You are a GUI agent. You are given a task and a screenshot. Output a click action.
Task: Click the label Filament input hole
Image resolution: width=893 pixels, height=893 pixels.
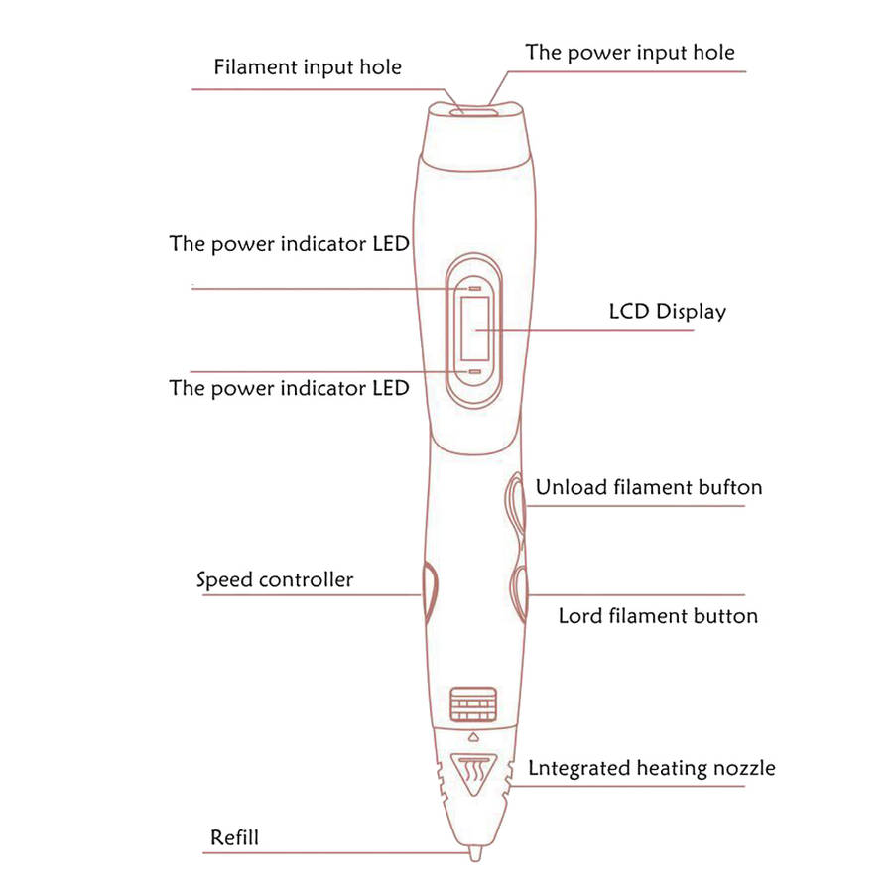[308, 68]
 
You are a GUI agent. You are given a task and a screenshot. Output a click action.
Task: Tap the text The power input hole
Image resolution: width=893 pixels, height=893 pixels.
[630, 52]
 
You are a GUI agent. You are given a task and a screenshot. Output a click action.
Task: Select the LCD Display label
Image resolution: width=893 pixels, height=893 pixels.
[667, 312]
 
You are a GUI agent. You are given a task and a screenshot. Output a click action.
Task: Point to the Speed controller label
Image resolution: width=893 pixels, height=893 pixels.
[275, 579]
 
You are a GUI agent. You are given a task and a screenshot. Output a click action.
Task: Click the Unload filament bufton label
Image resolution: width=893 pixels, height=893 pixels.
[649, 487]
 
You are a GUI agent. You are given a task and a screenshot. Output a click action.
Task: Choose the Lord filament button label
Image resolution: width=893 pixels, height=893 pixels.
[658, 616]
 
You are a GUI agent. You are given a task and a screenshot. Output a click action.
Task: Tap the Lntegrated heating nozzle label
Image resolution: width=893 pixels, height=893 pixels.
[652, 768]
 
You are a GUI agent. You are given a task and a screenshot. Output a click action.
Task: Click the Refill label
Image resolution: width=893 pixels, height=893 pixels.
[234, 837]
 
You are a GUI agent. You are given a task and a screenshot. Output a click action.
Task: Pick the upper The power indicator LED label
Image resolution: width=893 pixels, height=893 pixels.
[289, 244]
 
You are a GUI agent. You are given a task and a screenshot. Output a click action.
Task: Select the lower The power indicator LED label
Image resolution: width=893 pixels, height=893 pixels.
[289, 387]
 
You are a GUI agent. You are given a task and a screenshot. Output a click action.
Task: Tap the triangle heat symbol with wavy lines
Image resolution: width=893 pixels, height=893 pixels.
[472, 773]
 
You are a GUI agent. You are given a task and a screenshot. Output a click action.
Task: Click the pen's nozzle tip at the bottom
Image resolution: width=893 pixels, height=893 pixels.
[473, 852]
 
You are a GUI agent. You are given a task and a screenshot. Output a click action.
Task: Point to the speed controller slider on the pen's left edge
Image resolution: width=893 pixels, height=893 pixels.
[428, 589]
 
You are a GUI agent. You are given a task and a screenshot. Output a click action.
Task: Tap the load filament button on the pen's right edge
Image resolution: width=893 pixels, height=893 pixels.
[519, 591]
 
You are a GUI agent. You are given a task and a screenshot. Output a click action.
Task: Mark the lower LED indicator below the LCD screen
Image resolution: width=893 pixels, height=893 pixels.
[474, 370]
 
